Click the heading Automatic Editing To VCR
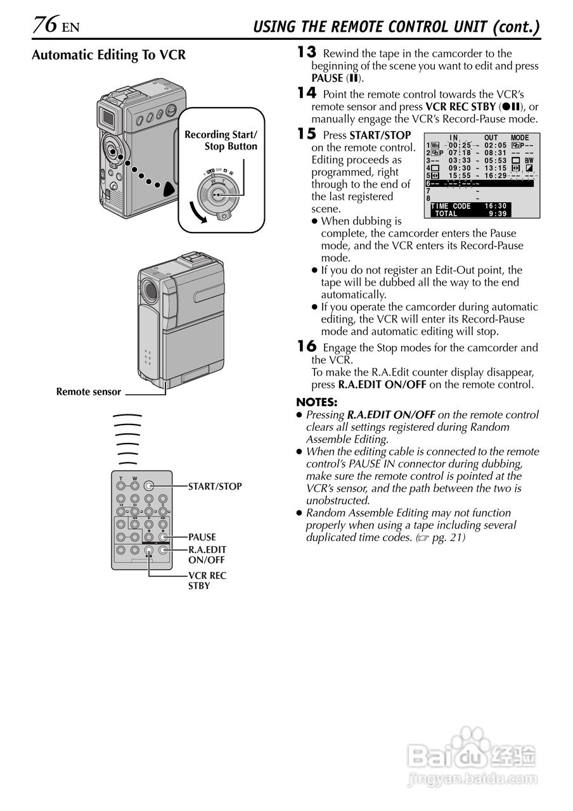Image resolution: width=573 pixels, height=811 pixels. coord(108,55)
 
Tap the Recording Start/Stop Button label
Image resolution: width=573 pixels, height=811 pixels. coord(221,140)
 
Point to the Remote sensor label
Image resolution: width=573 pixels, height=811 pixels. coord(88,392)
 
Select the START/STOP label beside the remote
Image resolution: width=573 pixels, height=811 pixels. coord(215,487)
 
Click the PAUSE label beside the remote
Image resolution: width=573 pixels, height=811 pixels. coord(202,537)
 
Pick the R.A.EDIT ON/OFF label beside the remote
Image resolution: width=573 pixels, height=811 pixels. coord(207,554)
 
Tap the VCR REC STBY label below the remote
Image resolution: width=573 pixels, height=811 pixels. coord(207,580)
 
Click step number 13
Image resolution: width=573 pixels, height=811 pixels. coord(306,53)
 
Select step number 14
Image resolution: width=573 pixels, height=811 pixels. coord(306,93)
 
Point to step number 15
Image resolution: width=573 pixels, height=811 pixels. coord(306,134)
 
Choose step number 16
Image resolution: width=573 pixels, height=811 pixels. coord(306,346)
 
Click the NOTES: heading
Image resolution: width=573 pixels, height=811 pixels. coord(317,402)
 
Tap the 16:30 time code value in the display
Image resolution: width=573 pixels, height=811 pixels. coord(496,206)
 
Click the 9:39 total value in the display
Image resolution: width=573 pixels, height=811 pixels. coord(498,214)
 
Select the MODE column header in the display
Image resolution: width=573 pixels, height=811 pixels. coord(520,137)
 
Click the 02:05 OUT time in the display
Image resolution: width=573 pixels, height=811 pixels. coord(495,145)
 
